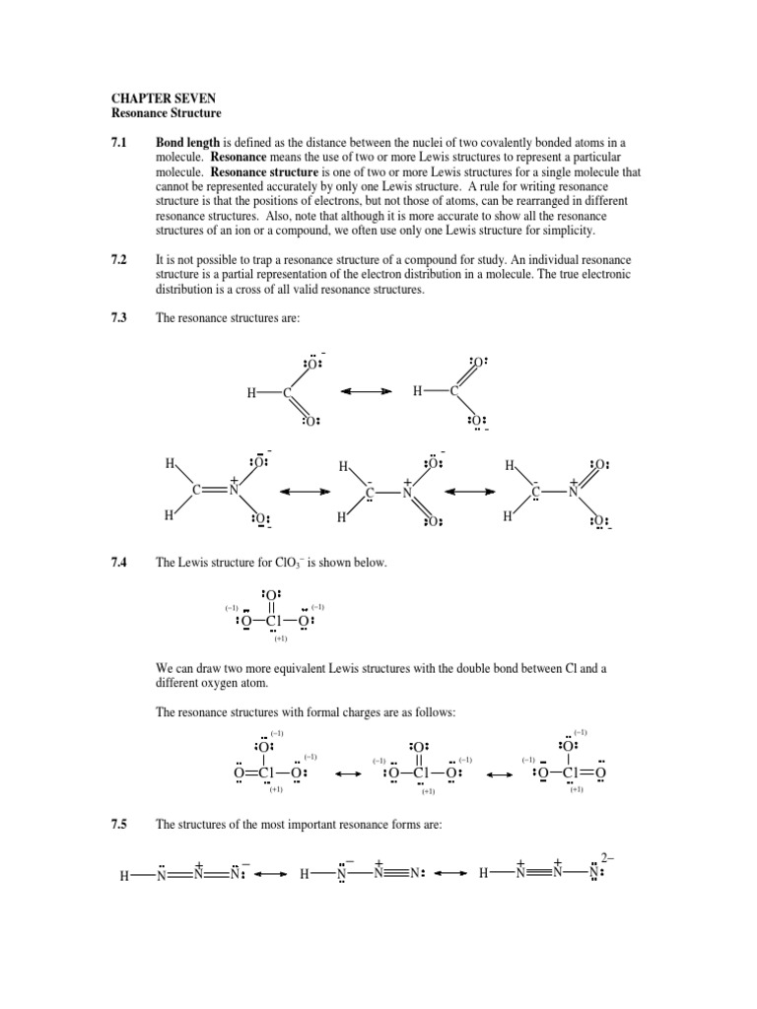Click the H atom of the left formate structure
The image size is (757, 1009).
(x=253, y=392)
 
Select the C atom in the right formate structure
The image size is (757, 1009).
(x=454, y=392)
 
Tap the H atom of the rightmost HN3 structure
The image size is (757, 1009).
(x=484, y=874)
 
